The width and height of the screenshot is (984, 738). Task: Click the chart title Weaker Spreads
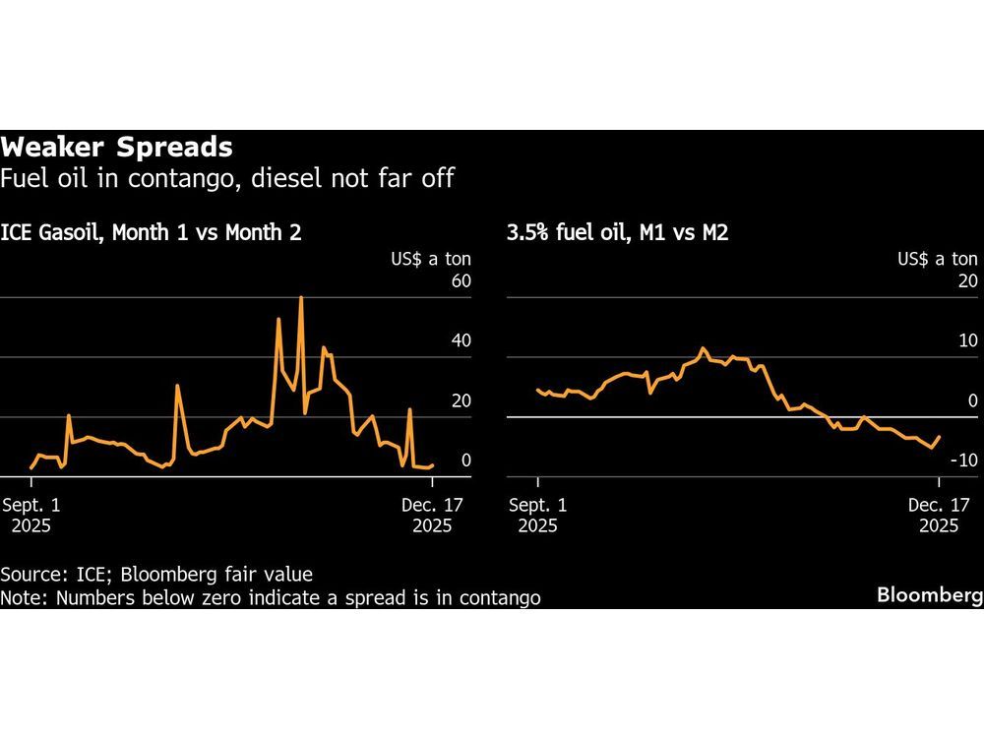click(116, 148)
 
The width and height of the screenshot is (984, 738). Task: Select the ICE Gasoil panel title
click(152, 233)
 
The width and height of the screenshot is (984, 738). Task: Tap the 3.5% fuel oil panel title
click(617, 233)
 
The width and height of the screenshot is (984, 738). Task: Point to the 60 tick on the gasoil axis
click(461, 282)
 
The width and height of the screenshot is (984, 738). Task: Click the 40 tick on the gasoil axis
click(461, 341)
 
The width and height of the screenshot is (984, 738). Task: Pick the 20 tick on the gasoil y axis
click(461, 400)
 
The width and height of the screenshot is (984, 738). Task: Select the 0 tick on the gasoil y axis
click(465, 461)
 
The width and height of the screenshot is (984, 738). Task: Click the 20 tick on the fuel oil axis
click(967, 282)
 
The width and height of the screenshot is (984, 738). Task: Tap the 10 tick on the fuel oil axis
click(967, 341)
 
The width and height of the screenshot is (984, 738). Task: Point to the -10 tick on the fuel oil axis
click(964, 461)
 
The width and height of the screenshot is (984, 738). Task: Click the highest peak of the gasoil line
click(300, 297)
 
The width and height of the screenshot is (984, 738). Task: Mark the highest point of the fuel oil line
click(703, 348)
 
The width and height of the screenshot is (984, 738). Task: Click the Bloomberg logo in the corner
click(929, 596)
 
